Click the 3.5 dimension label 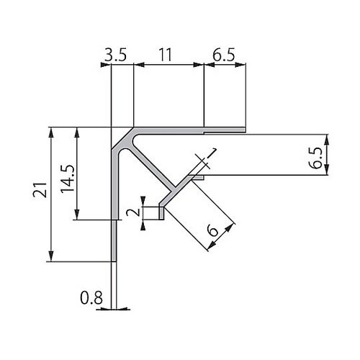pos(115,55)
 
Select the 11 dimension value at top pos(166,55)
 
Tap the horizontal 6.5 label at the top pos(224,55)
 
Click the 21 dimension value pos(40,189)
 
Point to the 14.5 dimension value pos(68,179)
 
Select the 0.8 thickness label pos(91,298)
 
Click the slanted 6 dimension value pos(213,231)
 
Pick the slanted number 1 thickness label pos(211,153)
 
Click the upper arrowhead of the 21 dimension pos(51,132)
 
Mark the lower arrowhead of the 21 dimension pos(51,256)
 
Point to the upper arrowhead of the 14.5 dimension pos(77,132)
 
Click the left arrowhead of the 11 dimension pos(139,65)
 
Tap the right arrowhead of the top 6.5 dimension pos(240,65)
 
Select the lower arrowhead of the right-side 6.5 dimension pos(327,169)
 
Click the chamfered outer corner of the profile pos(122,138)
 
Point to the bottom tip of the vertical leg pos(114,261)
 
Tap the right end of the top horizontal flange pos(246,130)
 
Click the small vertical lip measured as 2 pos(161,213)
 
